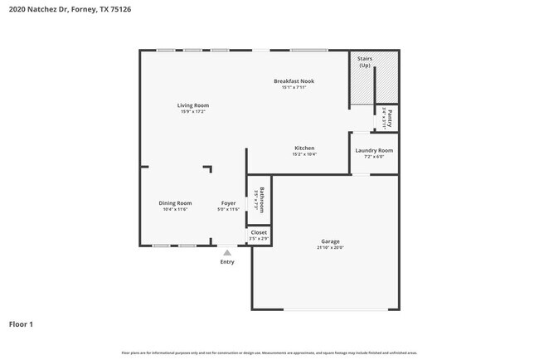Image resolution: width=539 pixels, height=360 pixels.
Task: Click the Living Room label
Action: [x=192, y=105]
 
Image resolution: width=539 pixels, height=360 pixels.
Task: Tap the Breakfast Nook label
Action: [x=294, y=80]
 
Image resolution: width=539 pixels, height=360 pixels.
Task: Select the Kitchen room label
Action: [x=304, y=148]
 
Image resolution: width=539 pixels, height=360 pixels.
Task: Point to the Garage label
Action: [x=330, y=241]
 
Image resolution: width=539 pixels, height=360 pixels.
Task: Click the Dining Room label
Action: [x=175, y=202]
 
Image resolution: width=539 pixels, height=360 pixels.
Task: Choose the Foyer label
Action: [x=228, y=202]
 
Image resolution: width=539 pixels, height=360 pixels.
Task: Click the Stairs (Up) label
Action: [x=364, y=61]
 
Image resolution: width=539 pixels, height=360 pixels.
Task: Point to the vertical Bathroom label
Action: [x=261, y=200]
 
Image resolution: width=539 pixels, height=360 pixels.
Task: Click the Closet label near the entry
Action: [x=259, y=232]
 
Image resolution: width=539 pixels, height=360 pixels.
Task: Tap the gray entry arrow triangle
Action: [x=227, y=252]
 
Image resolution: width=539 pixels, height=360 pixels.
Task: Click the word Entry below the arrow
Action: [x=227, y=262]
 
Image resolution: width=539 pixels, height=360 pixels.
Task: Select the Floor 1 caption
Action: [x=21, y=324]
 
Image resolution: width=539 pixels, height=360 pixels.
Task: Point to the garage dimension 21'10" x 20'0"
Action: [x=330, y=247]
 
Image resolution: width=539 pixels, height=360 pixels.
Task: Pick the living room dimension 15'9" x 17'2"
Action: [x=192, y=112]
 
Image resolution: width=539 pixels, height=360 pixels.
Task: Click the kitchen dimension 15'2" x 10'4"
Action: [x=304, y=154]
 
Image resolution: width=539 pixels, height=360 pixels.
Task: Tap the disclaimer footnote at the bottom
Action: [x=269, y=353]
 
